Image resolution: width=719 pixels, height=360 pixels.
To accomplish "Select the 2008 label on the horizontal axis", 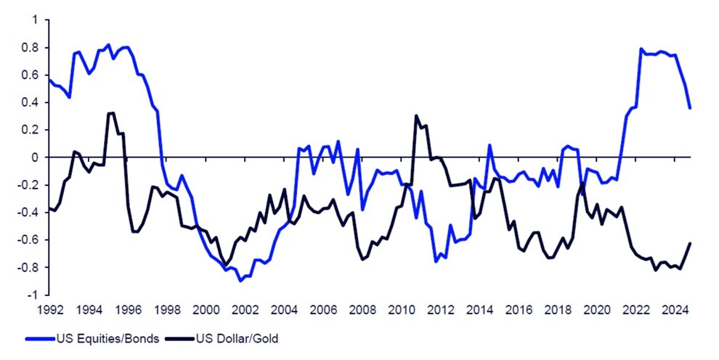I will click(361, 310).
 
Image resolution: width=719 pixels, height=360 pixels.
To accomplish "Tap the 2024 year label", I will click(675, 310).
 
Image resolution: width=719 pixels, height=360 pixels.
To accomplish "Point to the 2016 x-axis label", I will click(518, 310).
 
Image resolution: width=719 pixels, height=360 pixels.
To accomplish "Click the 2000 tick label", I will click(205, 310).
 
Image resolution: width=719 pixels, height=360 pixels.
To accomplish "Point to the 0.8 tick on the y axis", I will click(30, 48).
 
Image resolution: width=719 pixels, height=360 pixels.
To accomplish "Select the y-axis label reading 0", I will click(34, 157).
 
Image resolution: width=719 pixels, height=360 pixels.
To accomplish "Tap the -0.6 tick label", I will click(28, 240).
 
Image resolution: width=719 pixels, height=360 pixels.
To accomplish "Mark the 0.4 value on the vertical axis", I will click(30, 102).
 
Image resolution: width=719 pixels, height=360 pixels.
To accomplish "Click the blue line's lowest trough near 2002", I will click(240, 281).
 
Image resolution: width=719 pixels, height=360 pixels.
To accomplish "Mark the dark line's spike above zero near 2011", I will click(416, 115).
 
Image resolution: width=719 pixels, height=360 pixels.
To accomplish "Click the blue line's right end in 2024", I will click(689, 108).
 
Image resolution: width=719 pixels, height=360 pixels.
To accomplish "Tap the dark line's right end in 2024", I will click(689, 243).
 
